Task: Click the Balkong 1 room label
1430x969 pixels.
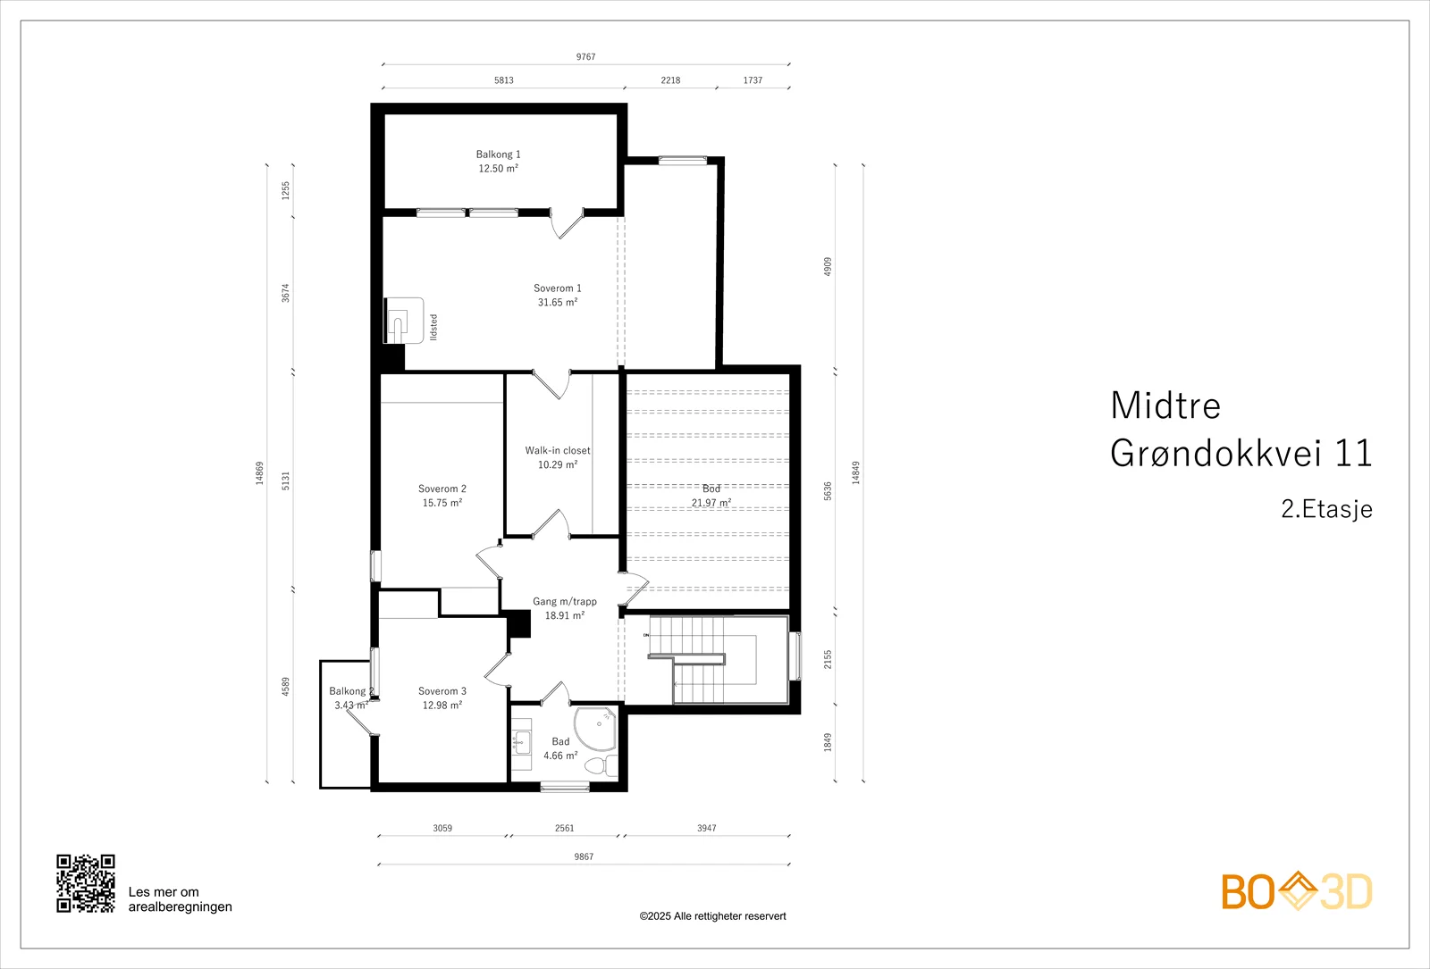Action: (x=498, y=155)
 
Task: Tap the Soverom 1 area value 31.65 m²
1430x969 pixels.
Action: (x=558, y=303)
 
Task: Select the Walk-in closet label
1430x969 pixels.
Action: (x=558, y=450)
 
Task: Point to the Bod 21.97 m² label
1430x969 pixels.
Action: (x=711, y=496)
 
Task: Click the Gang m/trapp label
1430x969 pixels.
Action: (x=564, y=601)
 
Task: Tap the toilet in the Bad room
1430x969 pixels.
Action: (x=601, y=765)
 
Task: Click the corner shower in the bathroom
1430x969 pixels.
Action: (x=595, y=729)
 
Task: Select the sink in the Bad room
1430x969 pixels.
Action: (x=522, y=742)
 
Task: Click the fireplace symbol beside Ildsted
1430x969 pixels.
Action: (x=403, y=321)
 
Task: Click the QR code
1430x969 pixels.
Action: (x=86, y=883)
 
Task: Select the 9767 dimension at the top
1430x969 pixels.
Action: (x=585, y=57)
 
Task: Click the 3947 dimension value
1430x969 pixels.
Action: (x=706, y=828)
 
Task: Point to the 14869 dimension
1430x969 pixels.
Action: (x=260, y=473)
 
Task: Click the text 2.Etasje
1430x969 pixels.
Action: (x=1326, y=509)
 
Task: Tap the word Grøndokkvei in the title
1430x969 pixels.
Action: (x=1210, y=453)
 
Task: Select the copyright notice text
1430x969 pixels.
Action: (x=712, y=916)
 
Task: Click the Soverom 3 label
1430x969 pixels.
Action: (x=442, y=691)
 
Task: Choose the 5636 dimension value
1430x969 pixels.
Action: (x=828, y=491)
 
